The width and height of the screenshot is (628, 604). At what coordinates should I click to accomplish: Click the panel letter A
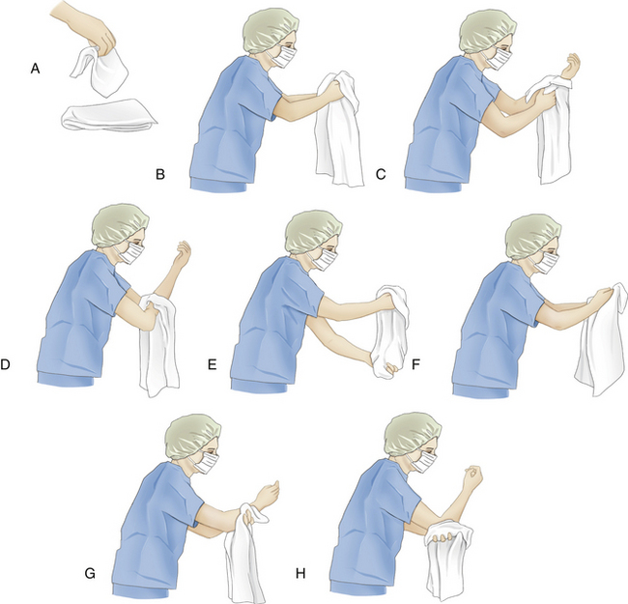click(x=35, y=69)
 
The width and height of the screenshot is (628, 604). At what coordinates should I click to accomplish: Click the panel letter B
click(x=159, y=175)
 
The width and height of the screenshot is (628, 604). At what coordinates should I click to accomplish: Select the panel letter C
click(x=381, y=175)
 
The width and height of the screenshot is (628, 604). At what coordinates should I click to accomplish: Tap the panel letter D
click(x=5, y=364)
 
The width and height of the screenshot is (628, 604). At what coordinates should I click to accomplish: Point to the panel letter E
click(x=212, y=364)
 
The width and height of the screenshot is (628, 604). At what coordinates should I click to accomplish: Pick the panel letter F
click(x=416, y=364)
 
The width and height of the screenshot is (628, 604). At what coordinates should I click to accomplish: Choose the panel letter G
click(x=90, y=574)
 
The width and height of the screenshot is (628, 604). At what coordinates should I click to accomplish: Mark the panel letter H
click(x=300, y=574)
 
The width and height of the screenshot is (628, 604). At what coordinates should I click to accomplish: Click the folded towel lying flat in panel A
click(x=109, y=115)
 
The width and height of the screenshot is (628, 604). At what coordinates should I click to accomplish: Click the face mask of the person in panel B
click(x=285, y=57)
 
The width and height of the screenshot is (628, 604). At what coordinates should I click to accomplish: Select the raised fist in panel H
click(x=471, y=477)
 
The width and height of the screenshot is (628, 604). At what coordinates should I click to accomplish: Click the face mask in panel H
click(x=424, y=461)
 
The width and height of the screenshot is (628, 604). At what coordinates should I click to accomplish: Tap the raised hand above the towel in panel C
click(x=571, y=67)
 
